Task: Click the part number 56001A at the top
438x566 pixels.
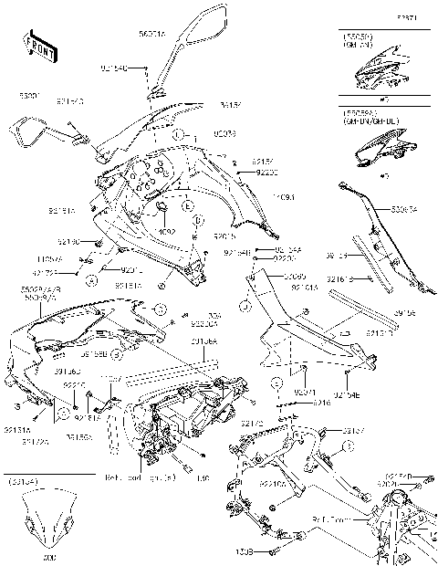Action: pyautogui.click(x=152, y=35)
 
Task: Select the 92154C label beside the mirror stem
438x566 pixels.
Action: pyautogui.click(x=114, y=68)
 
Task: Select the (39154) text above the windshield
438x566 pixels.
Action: pyautogui.click(x=24, y=480)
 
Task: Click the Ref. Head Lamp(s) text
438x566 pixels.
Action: pyautogui.click(x=136, y=477)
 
